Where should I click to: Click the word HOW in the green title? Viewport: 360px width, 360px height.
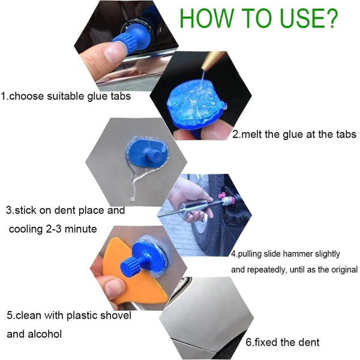(207, 18)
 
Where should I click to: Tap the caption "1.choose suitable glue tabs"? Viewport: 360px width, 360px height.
(65, 96)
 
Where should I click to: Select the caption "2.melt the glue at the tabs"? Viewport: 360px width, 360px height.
(294, 134)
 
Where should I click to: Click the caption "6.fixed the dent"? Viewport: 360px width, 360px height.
(283, 343)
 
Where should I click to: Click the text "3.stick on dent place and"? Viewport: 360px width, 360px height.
(65, 211)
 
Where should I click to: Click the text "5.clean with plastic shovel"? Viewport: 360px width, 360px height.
(69, 315)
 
